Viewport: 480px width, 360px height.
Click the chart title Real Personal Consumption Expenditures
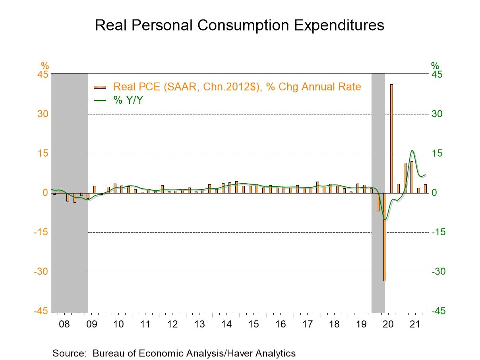point(240,25)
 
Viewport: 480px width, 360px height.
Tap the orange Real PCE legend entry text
point(237,87)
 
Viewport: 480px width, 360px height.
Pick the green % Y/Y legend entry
point(128,100)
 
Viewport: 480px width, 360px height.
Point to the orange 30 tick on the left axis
point(42,114)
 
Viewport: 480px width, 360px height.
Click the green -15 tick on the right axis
point(439,232)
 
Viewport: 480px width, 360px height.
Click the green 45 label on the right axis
point(437,75)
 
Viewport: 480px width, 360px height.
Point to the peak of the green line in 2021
point(412,150)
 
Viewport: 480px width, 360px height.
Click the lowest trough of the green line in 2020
point(385,219)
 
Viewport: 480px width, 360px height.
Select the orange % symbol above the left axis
point(44,66)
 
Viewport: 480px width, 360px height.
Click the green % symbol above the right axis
point(435,66)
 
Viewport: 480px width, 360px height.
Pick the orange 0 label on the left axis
point(45,193)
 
